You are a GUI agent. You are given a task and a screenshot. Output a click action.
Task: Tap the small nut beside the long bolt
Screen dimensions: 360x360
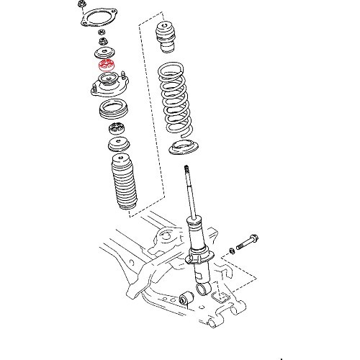tap(231, 251)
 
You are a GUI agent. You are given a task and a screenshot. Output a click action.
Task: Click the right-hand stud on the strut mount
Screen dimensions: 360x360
tap(126, 76)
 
